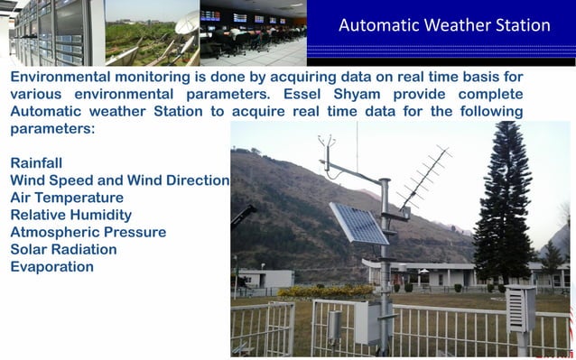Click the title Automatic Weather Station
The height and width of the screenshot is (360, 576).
point(443,25)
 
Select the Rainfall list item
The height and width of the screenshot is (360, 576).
point(36,163)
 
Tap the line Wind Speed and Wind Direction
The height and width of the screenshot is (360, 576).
point(119,180)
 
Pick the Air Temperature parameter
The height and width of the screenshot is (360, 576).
point(67,198)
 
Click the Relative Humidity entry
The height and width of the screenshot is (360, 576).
point(70,215)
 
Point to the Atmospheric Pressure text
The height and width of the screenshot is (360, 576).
point(88,232)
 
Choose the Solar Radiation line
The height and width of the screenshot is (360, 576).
point(63,249)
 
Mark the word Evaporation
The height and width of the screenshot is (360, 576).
point(51,267)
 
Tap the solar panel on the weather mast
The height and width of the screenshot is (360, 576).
point(358,223)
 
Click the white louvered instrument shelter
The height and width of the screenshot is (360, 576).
point(521,309)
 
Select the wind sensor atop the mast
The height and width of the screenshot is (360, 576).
point(326,144)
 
